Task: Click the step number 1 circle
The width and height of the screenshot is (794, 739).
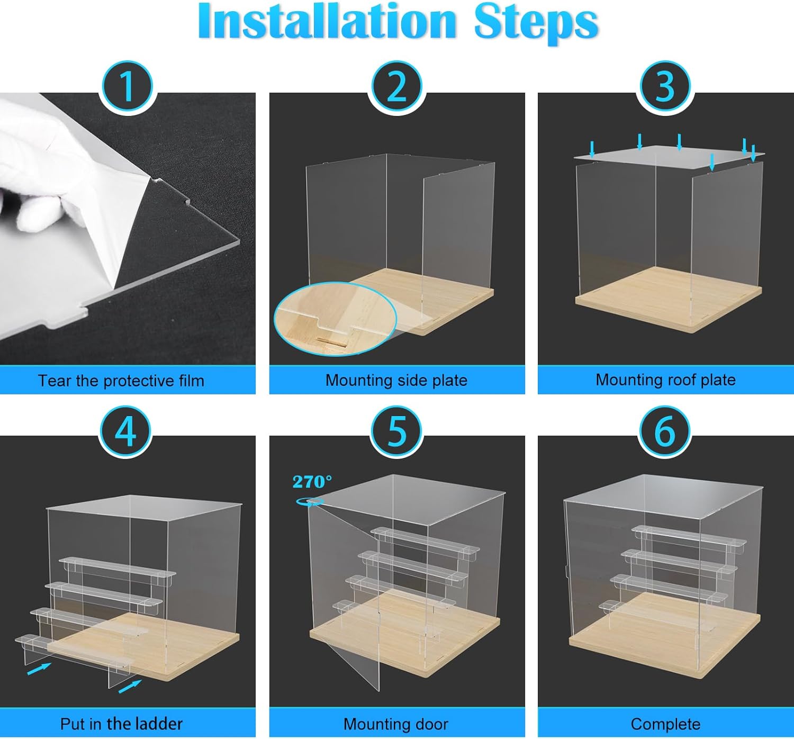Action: click(x=128, y=87)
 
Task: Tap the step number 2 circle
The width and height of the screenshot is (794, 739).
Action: click(x=396, y=87)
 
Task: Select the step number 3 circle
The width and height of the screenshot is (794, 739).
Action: click(x=665, y=87)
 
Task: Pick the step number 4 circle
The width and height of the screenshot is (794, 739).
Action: click(x=126, y=432)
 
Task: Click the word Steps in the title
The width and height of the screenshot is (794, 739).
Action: click(x=536, y=24)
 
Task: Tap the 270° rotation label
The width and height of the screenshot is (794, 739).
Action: click(x=312, y=482)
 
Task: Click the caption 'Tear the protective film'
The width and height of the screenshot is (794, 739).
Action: click(x=121, y=381)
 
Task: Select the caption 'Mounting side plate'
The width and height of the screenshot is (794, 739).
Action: click(x=396, y=380)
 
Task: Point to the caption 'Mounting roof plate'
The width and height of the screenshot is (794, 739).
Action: click(x=665, y=380)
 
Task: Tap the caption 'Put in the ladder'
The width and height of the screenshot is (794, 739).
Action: click(x=121, y=724)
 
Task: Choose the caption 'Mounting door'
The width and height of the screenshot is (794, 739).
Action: click(x=396, y=724)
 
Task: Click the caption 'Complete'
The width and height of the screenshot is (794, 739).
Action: click(x=665, y=724)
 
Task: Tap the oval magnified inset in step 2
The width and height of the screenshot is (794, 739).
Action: click(x=335, y=319)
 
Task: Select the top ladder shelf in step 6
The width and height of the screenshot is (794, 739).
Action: click(x=689, y=535)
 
